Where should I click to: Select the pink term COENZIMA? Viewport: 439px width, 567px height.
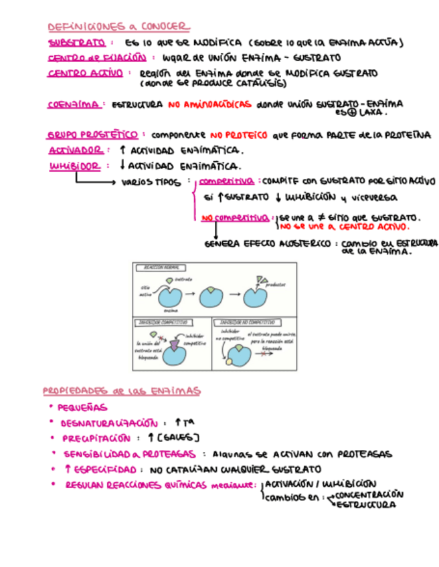75,105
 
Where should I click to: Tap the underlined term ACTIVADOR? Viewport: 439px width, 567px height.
76,150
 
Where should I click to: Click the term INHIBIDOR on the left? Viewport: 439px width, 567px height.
75,166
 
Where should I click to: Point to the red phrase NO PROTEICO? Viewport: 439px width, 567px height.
238,135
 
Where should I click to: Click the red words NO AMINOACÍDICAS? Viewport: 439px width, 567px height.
209,105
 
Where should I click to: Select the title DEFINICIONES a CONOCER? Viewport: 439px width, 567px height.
118,27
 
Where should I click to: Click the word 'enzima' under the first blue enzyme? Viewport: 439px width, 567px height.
170,310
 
